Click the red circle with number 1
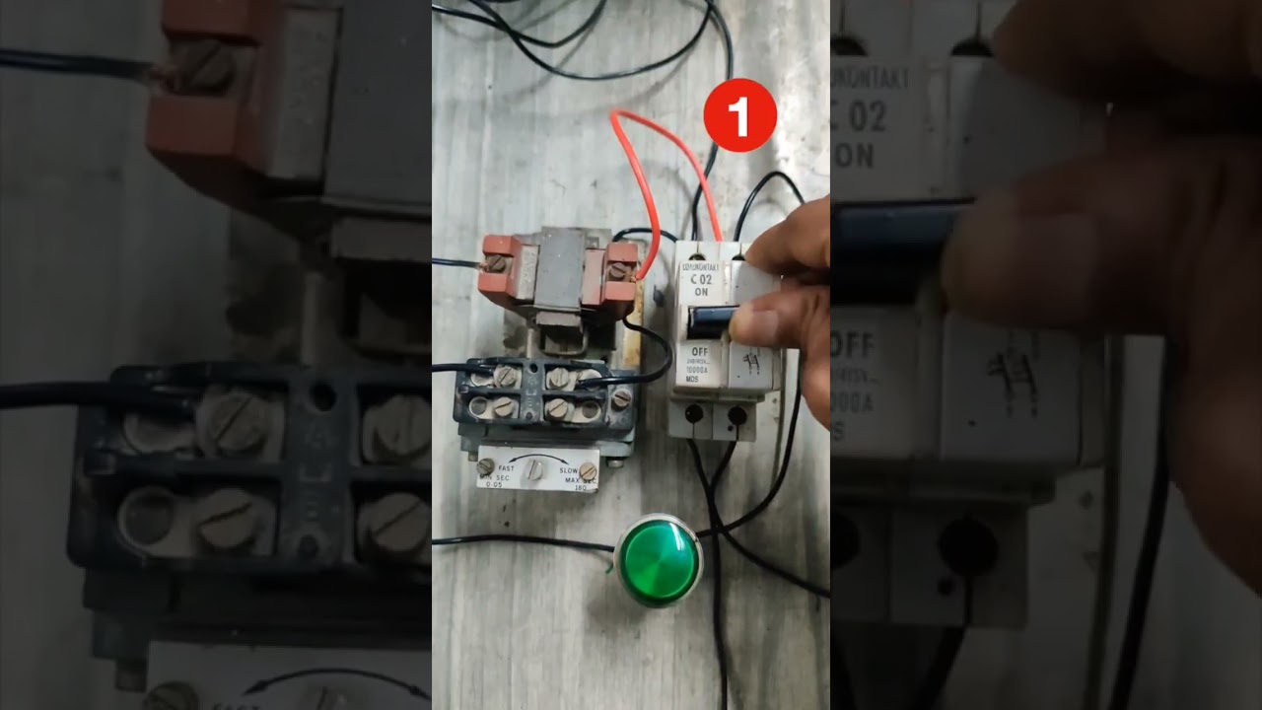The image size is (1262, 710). [x=740, y=115]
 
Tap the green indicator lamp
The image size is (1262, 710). [x=659, y=559]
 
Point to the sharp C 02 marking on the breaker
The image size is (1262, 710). [x=699, y=280]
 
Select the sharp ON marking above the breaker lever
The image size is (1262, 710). [x=701, y=293]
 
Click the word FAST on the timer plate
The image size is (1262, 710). [x=505, y=468]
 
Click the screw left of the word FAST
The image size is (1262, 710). [x=485, y=465]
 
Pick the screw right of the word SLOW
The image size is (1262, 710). [x=588, y=470]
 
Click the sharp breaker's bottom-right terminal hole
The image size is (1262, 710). [x=736, y=415]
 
